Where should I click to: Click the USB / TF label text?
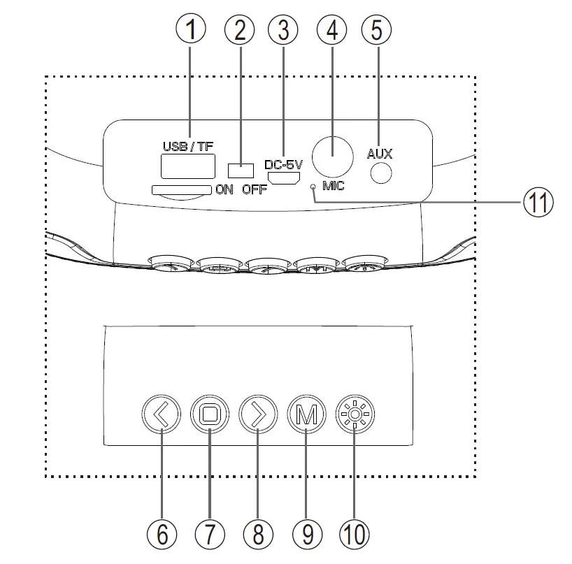188,147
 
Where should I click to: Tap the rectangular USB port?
188,167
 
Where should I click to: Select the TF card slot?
181,189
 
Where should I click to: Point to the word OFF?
255,190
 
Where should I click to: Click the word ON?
224,190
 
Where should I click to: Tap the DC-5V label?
284,165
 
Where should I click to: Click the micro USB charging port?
285,180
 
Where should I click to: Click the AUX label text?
380,153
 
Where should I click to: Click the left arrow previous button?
161,415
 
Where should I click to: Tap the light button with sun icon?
354,415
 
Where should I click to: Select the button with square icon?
210,415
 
